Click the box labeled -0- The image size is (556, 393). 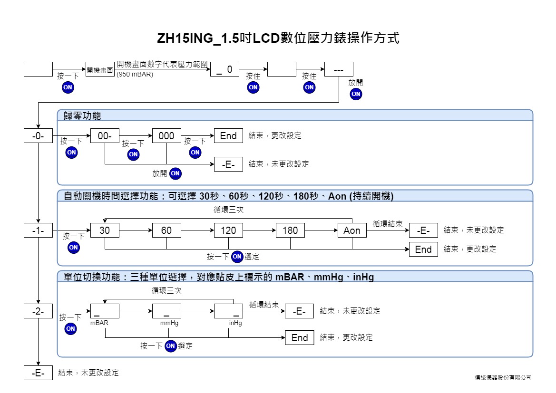click(x=39, y=136)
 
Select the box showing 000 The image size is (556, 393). click(x=166, y=136)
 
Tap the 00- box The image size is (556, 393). click(x=105, y=136)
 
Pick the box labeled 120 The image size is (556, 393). click(x=228, y=230)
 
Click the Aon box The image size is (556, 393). click(x=352, y=230)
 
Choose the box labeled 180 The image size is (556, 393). click(x=291, y=230)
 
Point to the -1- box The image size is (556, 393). click(x=39, y=230)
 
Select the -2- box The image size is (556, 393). click(x=39, y=311)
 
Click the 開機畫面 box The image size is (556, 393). click(x=100, y=69)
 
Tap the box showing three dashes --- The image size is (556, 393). click(x=339, y=69)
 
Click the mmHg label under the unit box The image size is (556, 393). click(x=169, y=323)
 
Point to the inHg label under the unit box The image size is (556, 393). click(x=235, y=323)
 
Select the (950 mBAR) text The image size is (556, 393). click(x=135, y=75)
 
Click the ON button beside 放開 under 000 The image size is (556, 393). click(x=175, y=173)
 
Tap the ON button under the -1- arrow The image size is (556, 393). click(x=73, y=248)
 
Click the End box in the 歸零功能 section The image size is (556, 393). click(x=228, y=136)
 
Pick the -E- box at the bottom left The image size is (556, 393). click(x=39, y=373)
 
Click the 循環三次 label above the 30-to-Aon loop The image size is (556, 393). click(x=228, y=210)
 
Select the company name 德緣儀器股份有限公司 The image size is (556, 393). click(x=503, y=378)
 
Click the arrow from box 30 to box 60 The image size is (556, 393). click(x=136, y=230)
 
